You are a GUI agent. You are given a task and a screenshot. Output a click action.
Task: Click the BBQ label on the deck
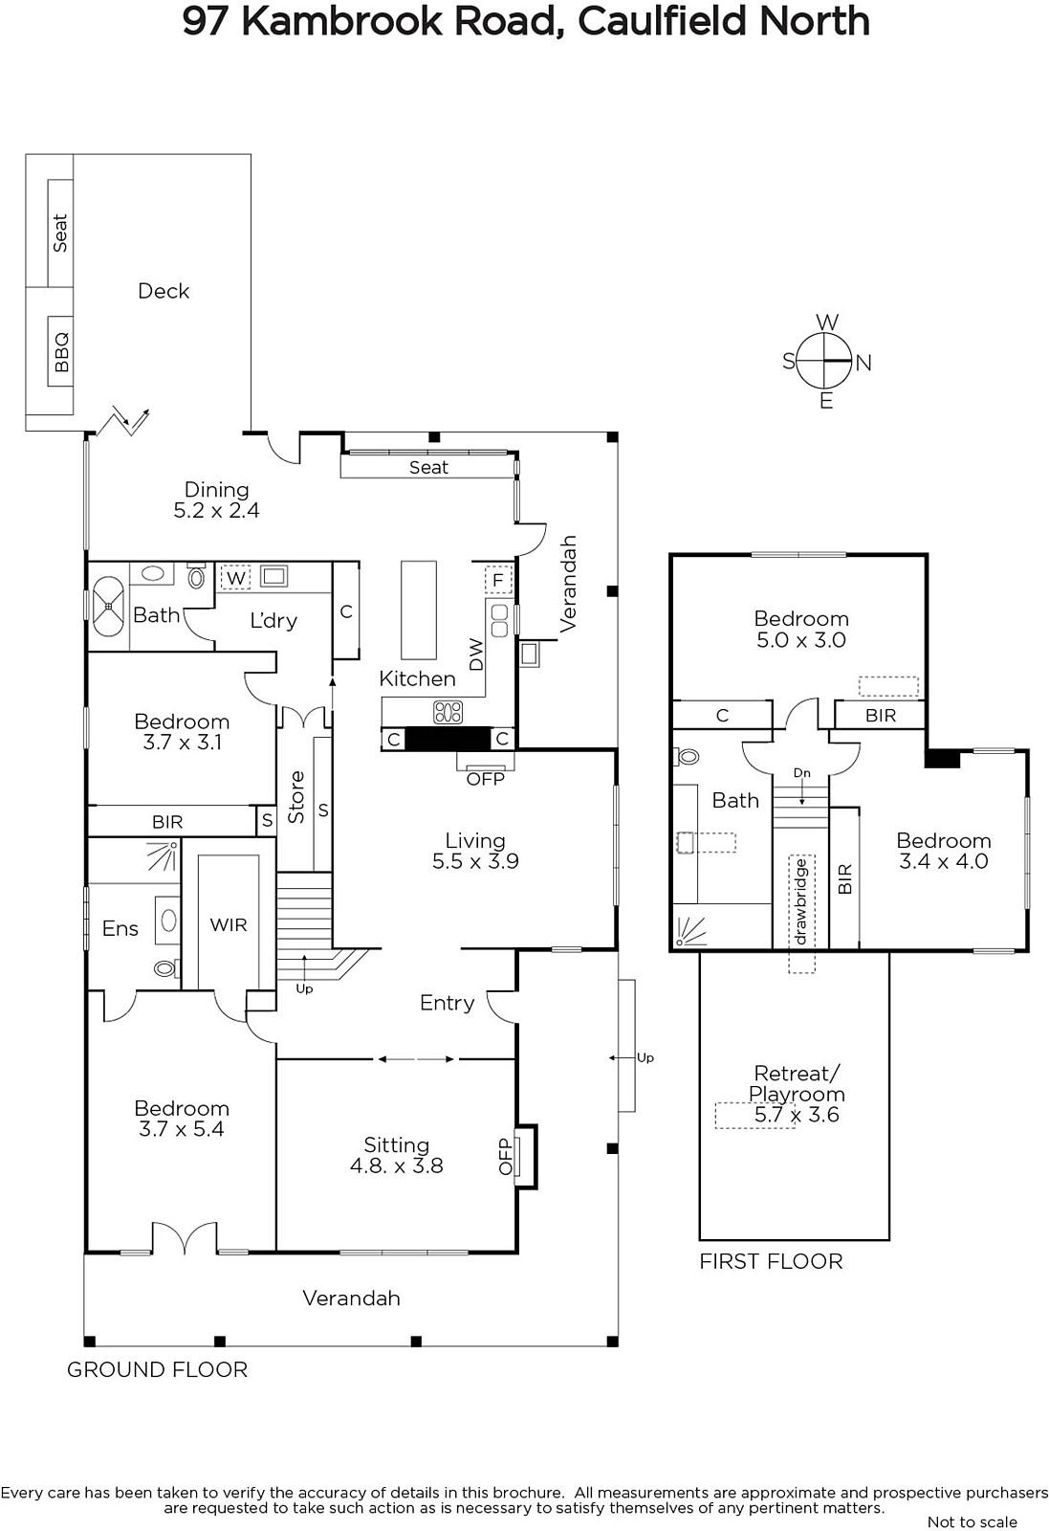click(61, 352)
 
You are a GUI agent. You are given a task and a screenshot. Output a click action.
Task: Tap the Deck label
click(164, 291)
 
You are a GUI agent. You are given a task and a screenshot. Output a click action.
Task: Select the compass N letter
click(863, 363)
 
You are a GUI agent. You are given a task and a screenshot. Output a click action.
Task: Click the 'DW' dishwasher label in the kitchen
click(476, 655)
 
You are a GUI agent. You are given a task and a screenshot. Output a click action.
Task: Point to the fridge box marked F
click(498, 580)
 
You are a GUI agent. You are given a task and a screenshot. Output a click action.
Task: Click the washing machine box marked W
click(235, 578)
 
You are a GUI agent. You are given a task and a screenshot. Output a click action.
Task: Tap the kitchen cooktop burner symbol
click(448, 712)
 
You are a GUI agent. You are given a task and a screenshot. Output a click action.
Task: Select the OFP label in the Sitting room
click(506, 1156)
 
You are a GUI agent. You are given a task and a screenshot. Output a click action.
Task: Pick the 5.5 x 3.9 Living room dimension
click(475, 861)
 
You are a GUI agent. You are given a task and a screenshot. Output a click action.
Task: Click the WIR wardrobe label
click(229, 924)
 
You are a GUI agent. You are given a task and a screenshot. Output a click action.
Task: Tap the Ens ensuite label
click(120, 928)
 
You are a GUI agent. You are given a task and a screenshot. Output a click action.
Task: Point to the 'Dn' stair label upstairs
click(801, 773)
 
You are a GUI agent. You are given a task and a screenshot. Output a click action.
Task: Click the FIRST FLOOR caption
click(771, 1262)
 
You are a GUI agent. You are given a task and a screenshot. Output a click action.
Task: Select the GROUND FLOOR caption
click(157, 1369)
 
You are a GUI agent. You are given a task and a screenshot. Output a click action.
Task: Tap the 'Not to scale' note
click(973, 1522)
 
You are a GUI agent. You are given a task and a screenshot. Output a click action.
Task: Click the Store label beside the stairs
click(295, 797)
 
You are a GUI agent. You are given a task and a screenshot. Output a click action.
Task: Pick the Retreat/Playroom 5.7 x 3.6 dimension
click(797, 1115)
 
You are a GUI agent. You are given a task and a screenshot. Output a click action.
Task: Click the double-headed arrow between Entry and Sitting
click(416, 1059)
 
